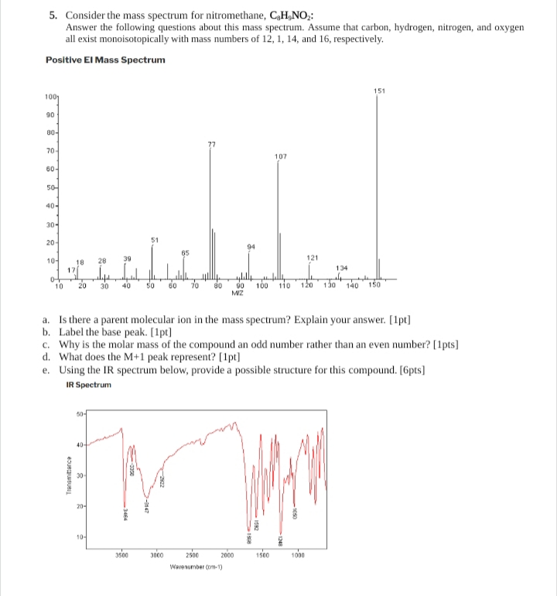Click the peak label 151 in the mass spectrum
click(x=379, y=91)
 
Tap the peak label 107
click(x=280, y=156)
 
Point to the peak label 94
click(x=248, y=247)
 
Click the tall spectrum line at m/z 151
click(x=378, y=186)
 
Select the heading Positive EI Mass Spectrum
click(x=105, y=60)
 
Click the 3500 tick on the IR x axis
click(x=121, y=555)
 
